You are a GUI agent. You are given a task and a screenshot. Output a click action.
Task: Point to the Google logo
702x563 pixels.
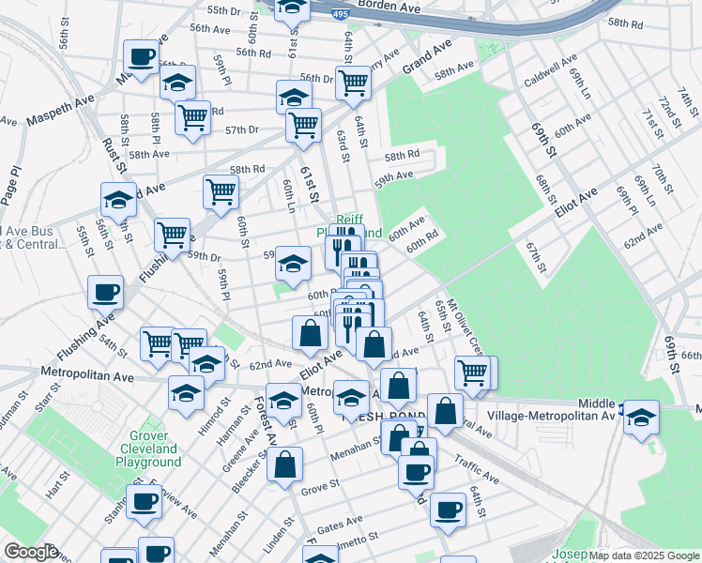(30, 552)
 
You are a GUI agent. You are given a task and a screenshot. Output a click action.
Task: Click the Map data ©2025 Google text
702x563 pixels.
(644, 555)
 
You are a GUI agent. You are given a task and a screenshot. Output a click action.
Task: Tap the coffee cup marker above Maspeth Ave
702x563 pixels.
(142, 56)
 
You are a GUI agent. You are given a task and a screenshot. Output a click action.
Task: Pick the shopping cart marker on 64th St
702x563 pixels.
(353, 83)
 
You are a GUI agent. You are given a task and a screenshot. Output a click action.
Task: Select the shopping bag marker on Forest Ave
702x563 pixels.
(284, 464)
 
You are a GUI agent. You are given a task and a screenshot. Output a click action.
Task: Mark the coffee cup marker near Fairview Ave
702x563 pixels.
(144, 501)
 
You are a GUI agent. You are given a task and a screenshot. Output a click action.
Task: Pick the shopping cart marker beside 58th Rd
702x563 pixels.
(221, 191)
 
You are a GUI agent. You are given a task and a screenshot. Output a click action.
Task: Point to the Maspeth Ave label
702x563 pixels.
(60, 119)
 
